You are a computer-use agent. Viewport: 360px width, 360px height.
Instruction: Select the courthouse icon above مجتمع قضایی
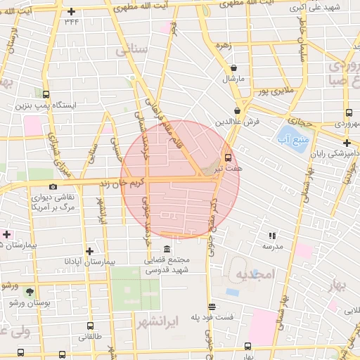click(x=167, y=250)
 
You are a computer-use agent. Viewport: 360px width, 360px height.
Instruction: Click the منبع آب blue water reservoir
click(x=288, y=133)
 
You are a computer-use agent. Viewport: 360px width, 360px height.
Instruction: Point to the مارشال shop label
click(x=233, y=79)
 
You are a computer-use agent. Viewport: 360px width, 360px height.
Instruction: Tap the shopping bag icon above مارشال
click(x=233, y=67)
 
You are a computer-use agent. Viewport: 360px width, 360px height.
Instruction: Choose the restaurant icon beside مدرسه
click(x=271, y=236)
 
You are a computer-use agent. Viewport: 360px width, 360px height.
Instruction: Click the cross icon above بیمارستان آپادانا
click(x=89, y=250)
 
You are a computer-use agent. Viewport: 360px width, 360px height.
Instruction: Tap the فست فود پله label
click(x=212, y=318)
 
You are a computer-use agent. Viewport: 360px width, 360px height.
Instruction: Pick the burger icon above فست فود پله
click(x=212, y=307)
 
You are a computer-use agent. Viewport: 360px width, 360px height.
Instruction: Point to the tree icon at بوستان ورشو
click(x=29, y=290)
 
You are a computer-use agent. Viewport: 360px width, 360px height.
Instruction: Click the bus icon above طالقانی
click(x=90, y=326)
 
